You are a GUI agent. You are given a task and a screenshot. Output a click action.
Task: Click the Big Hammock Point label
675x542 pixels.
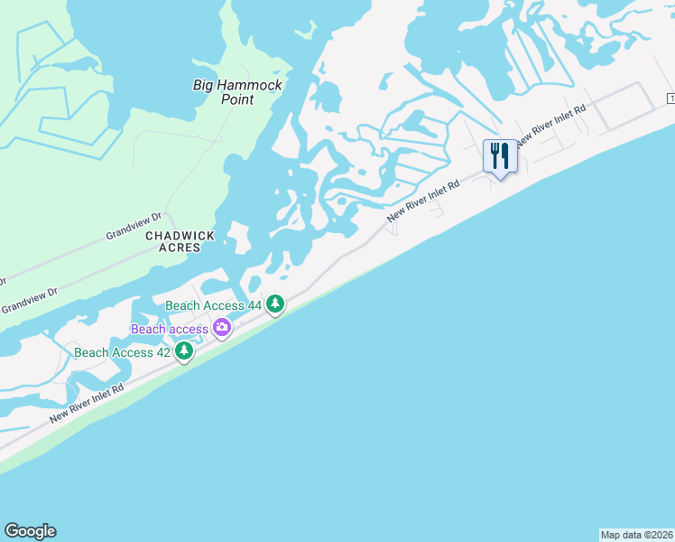tap(238, 92)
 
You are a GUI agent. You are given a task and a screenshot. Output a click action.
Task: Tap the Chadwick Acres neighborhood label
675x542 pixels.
tap(180, 241)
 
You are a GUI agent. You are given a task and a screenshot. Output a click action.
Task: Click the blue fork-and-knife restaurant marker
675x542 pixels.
tap(499, 156)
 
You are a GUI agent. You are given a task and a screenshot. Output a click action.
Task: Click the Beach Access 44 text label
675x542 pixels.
tap(214, 306)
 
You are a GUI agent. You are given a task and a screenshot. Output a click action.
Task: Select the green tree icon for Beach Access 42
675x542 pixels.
tap(184, 351)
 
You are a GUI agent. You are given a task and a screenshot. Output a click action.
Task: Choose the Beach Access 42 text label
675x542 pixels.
tap(122, 352)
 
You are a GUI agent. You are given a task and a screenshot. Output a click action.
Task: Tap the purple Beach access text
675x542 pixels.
tap(170, 329)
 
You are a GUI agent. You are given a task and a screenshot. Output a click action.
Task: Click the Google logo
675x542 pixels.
tap(30, 531)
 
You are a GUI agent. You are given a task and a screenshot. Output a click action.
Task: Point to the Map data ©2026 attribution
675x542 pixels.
tap(636, 535)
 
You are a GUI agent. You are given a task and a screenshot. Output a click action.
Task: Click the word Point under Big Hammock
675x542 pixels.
tap(238, 100)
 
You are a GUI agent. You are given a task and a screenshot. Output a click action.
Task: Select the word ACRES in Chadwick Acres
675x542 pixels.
tap(180, 248)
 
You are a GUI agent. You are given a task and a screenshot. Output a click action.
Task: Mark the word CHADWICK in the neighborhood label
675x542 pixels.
tap(180, 235)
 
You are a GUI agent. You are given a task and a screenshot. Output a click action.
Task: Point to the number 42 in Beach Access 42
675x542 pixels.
tap(162, 352)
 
